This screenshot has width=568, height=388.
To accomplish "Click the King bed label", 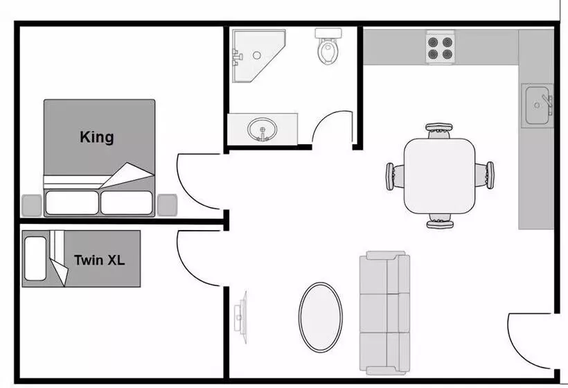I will (96, 136).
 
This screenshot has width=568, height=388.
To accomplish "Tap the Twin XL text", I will (99, 261).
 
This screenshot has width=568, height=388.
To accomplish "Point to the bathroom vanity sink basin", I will (262, 128).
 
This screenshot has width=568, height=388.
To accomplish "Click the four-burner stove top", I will (440, 46).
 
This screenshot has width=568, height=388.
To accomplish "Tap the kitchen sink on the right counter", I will (538, 105).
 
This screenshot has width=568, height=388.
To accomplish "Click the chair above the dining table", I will (439, 130).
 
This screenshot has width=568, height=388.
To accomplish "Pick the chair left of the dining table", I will (392, 175).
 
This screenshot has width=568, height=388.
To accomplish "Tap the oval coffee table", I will (320, 316).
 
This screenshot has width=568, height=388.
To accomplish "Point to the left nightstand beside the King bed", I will (32, 204).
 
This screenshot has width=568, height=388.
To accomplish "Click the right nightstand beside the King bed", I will (166, 204).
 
